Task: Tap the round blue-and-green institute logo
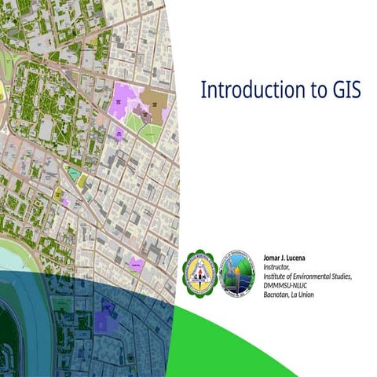[236, 273]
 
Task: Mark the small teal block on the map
[74, 174]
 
